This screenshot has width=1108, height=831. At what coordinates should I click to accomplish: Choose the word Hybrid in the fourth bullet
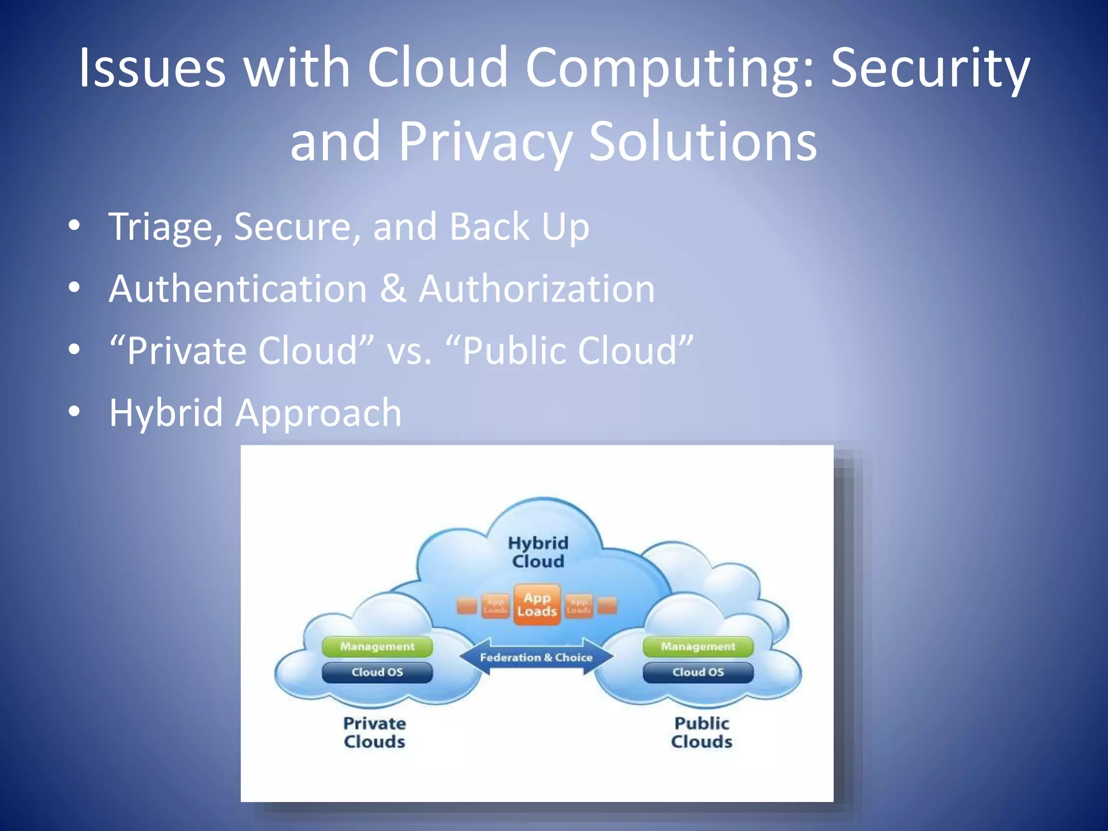[x=166, y=412]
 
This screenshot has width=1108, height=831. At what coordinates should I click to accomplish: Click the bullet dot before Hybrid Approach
[x=75, y=411]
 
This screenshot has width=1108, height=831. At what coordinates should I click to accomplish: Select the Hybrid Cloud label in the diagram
[x=538, y=552]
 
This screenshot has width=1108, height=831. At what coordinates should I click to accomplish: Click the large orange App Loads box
[x=537, y=605]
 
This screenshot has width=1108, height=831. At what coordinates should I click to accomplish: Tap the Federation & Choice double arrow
[x=536, y=657]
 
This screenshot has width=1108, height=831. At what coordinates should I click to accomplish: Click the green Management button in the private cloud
[x=377, y=647]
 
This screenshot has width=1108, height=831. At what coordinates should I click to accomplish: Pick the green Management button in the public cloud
[x=698, y=647]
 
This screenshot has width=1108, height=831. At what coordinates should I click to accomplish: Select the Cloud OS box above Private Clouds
[x=377, y=672]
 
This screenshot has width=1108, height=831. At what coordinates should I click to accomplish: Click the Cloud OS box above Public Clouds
[x=698, y=672]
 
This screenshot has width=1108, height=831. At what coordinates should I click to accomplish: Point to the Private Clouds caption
[x=374, y=733]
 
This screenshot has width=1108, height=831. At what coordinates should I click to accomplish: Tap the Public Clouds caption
[x=702, y=733]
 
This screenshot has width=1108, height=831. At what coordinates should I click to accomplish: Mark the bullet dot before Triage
[x=75, y=225]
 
